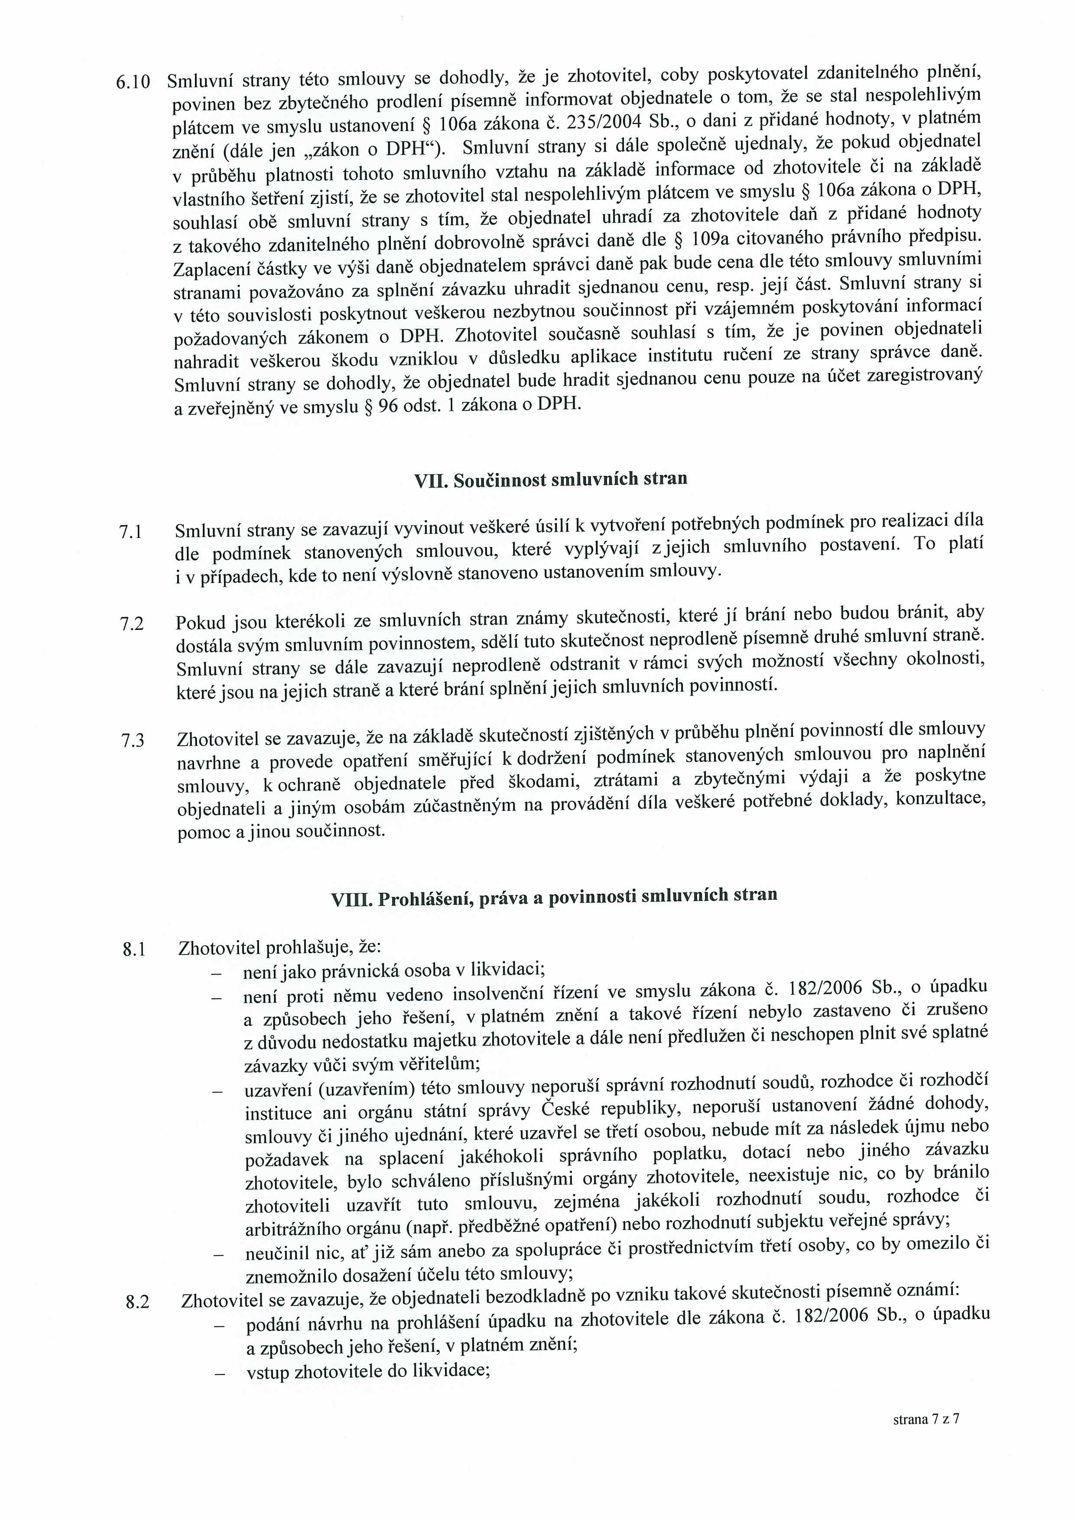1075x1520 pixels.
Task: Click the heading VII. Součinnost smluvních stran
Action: pyautogui.click(x=550, y=479)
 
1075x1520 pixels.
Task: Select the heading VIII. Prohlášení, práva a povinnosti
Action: pyautogui.click(x=554, y=896)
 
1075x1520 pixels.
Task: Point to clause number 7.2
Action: pyautogui.click(x=132, y=624)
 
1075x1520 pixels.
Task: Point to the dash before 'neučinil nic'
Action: pyautogui.click(x=218, y=1255)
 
